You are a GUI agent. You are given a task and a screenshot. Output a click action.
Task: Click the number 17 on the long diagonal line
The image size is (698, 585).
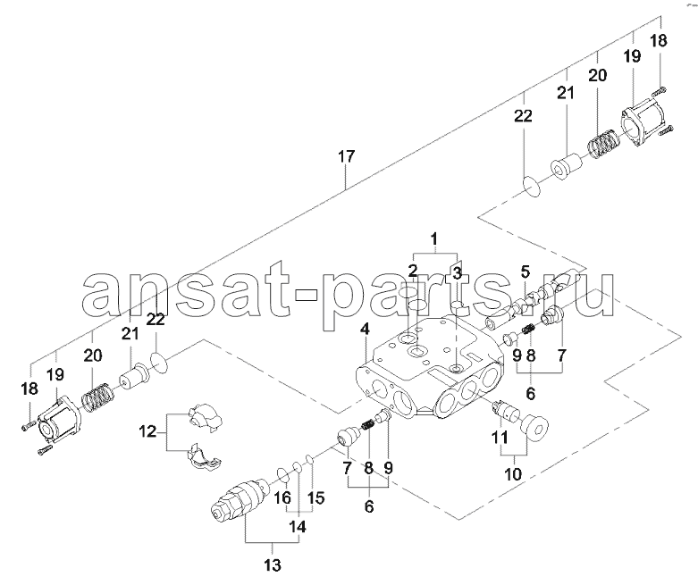coord(347,156)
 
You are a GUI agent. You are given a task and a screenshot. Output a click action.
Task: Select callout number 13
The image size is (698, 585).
coord(273,565)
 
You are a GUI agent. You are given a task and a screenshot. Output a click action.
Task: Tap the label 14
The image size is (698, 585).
coord(298,527)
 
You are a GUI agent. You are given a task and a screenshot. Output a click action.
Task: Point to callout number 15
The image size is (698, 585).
coord(315,497)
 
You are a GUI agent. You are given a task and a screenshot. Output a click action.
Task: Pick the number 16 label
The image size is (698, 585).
coord(282,497)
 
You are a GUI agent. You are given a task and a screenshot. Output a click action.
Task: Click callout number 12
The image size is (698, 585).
coord(147,431)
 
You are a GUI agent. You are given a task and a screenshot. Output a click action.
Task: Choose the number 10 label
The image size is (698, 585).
coord(513,474)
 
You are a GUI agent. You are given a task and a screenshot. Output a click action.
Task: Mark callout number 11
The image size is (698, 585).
coord(500,438)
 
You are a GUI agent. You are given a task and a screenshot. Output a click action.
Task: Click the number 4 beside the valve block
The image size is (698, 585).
coord(365,330)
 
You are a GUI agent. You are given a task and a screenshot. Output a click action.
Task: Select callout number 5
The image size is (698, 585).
coord(526,272)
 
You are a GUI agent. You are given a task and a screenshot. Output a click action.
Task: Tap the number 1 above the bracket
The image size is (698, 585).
coord(434,238)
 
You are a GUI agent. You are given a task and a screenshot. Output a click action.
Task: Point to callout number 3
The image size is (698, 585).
coord(458,274)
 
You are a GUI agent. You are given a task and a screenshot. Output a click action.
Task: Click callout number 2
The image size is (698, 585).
coord(413,271)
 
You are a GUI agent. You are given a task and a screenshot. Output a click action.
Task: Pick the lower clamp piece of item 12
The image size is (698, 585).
coord(203,456)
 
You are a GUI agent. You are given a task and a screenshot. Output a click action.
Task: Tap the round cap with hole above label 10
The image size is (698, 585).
coord(534,427)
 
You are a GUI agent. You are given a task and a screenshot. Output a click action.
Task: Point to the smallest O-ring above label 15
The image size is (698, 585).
coord(312,459)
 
